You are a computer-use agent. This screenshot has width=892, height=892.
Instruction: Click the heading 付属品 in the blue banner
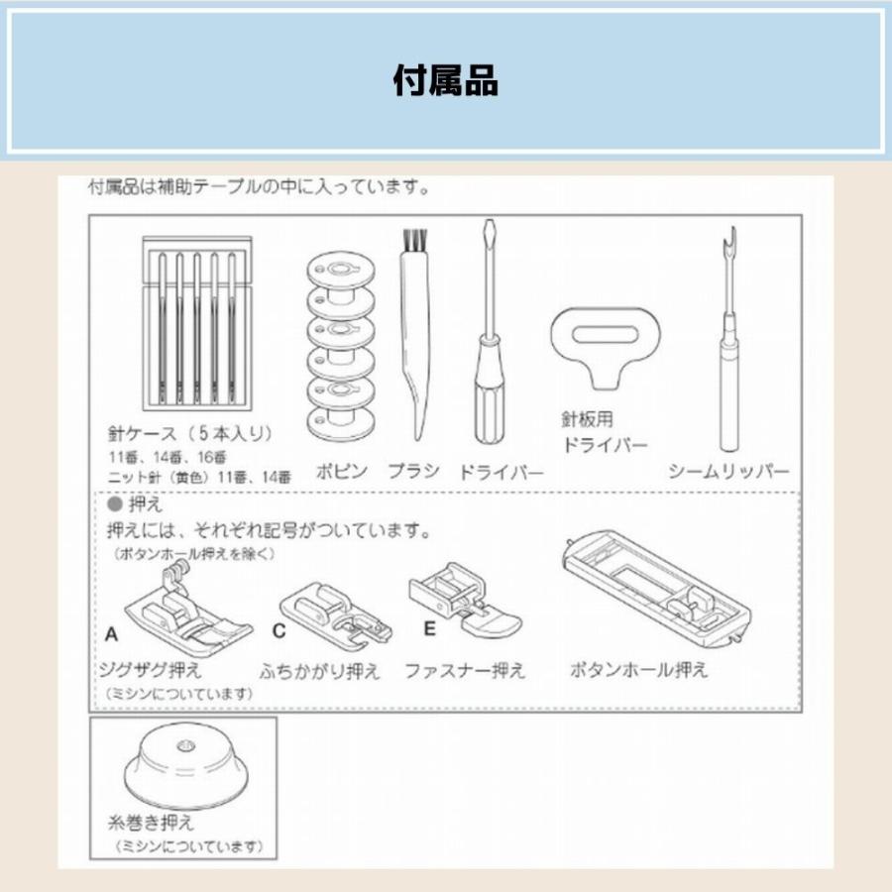[x=445, y=80]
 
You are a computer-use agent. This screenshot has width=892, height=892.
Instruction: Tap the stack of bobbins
[x=341, y=347]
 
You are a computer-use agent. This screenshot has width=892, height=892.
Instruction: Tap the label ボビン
[x=341, y=471]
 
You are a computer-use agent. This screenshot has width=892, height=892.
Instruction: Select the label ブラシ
[x=413, y=471]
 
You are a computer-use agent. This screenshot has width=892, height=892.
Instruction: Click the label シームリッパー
[x=728, y=471]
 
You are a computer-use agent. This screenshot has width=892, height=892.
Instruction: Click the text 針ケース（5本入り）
[x=190, y=433]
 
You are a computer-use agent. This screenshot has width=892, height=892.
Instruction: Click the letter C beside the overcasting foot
[x=280, y=632]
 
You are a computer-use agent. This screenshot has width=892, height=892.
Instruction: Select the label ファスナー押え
[x=465, y=671]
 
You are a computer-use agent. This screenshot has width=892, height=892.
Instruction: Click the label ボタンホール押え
[x=639, y=670]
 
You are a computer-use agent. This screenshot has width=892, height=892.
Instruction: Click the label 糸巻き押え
[x=150, y=823]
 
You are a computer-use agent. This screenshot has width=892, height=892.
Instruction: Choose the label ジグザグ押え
[x=152, y=671]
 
